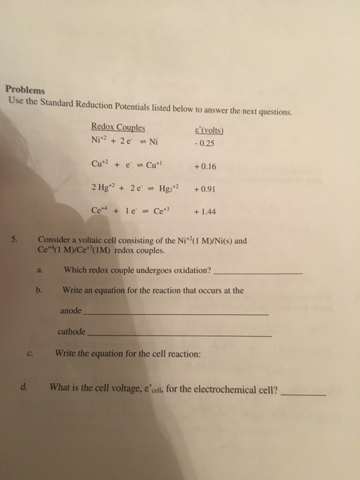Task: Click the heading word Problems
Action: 25,89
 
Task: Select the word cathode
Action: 72,332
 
